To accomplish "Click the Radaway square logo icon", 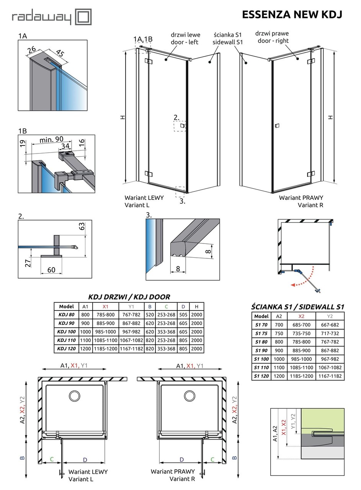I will click(83, 17).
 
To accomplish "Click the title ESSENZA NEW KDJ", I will click(292, 15).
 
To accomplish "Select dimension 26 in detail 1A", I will click(32, 49).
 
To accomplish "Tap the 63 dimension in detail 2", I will click(82, 226).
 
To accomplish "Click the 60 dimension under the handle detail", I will click(51, 270).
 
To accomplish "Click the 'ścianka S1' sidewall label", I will click(227, 38).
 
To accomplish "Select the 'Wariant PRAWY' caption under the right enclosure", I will click(301, 198).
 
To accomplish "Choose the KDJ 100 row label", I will click(66, 332).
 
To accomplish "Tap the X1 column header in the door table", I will click(105, 306).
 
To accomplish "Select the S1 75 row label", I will click(261, 333).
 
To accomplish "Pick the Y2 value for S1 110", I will click(330, 367).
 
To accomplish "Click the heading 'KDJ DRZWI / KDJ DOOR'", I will click(129, 297).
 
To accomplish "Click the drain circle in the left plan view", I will click(74, 395).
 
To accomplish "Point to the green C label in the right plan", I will click(212, 459).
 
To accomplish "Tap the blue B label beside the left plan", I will click(22, 457).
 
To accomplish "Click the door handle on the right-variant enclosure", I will click(277, 126).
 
